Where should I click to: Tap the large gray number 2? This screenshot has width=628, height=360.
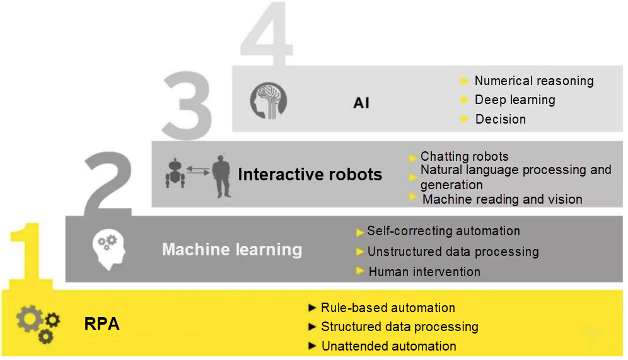pos(107,183)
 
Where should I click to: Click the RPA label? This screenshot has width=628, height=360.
pos(102,325)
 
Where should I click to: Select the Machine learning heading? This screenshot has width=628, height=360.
pos(232,250)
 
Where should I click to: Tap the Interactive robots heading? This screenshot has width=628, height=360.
pos(310,175)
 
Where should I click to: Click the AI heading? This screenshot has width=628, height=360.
pos(361,103)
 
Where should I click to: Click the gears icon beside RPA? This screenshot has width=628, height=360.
pos(38,323)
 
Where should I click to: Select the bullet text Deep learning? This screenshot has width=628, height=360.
pos(515,100)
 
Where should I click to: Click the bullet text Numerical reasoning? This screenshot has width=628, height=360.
pos(533,81)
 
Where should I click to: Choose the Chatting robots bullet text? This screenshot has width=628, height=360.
pos(464,156)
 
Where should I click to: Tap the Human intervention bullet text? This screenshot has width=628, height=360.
pos(424,272)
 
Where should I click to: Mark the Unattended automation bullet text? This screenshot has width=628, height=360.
pos(388,346)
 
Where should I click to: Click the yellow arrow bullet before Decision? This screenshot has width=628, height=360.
pos(465,119)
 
